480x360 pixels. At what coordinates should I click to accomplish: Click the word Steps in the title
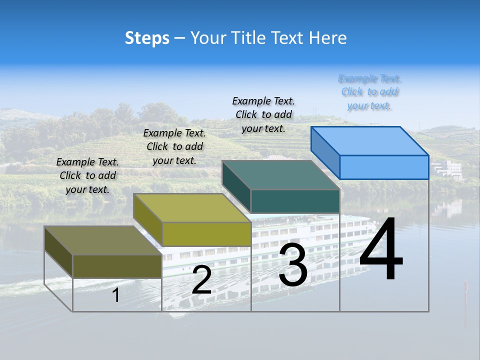tap(147, 38)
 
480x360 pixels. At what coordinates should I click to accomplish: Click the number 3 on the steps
tap(293, 265)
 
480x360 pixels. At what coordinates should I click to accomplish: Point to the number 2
tap(201, 280)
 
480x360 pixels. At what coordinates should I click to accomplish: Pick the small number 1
tap(116, 295)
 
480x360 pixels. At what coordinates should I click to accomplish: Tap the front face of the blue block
tap(384, 167)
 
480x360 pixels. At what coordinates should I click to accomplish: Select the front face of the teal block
tap(295, 201)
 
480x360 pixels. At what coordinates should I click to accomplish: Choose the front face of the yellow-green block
tap(206, 234)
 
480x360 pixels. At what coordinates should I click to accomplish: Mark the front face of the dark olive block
tap(117, 266)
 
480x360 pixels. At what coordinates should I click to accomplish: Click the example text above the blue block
tap(369, 92)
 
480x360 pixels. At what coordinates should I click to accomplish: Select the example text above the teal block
tap(263, 114)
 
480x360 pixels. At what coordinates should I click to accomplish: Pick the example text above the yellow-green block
tap(174, 146)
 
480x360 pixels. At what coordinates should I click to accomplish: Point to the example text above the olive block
tap(87, 175)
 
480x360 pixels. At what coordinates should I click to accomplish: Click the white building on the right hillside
tap(448, 168)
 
